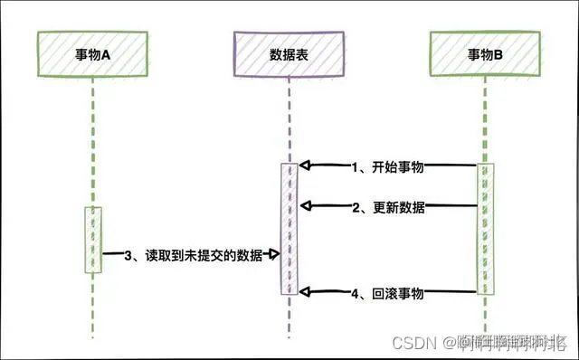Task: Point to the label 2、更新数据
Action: [388, 207]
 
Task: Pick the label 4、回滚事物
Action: [388, 293]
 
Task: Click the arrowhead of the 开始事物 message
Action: [305, 166]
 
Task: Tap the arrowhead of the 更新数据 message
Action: [305, 207]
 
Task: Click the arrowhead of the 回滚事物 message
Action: [305, 292]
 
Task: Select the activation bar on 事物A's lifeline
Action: [93, 240]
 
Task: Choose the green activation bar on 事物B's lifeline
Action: [486, 229]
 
